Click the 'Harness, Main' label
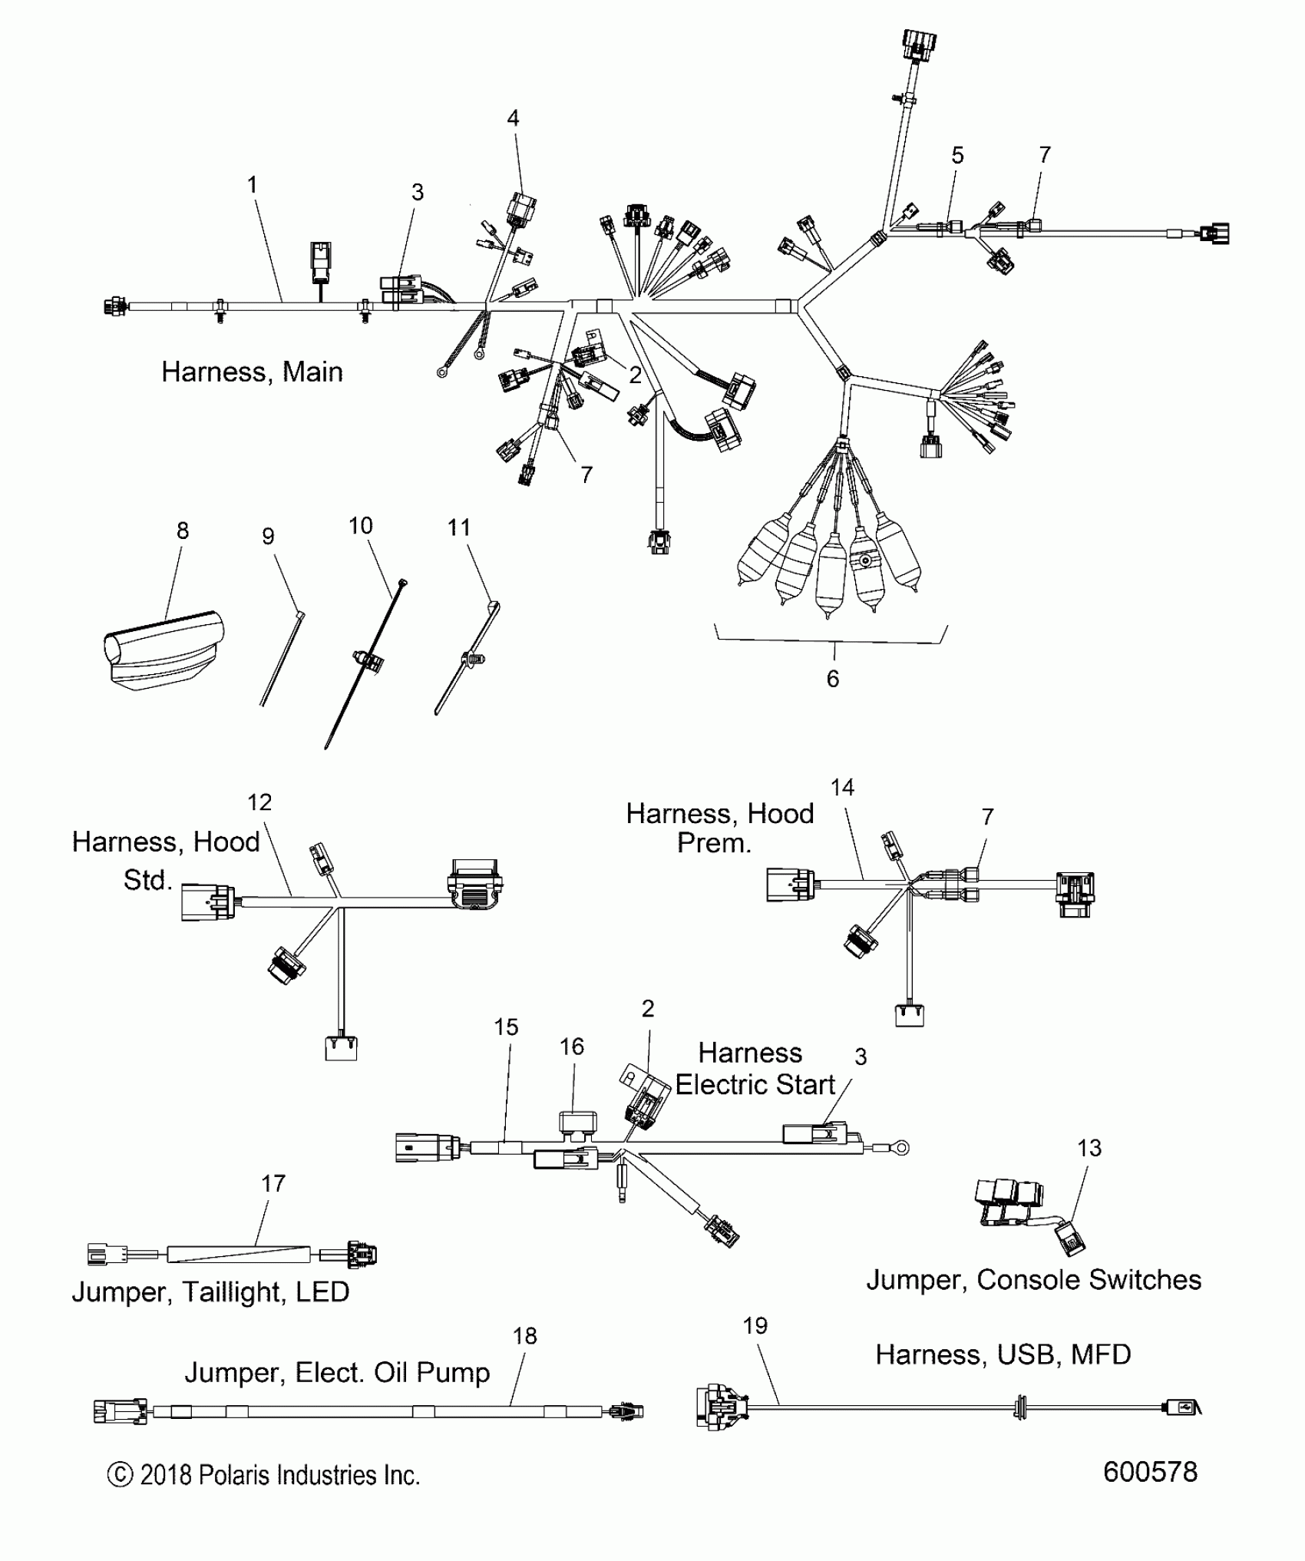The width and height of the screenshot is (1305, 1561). pos(252,372)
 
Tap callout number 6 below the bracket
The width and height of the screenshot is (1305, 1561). pos(833,679)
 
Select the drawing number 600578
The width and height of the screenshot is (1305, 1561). pos(1150,1471)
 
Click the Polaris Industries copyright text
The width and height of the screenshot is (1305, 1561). pos(263,1475)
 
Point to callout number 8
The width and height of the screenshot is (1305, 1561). pos(183,531)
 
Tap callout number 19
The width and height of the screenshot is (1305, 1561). pos(755,1347)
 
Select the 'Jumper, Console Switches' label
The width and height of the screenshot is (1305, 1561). pos(1033,1279)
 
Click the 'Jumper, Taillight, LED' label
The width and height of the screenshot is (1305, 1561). pos(210,1291)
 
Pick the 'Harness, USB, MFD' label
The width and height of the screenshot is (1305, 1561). pos(1003,1354)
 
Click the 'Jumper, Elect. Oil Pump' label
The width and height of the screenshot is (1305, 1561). pos(337,1372)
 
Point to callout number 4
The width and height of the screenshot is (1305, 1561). pos(513,118)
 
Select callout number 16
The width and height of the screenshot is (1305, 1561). pos(572,1047)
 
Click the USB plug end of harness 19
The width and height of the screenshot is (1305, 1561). pos(1182,1407)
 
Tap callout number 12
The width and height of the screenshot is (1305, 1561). pos(259,802)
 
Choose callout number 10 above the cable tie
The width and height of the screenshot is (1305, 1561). pos(360,526)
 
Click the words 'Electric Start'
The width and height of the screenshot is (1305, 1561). pos(755,1084)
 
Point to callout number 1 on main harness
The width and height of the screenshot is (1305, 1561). pos(252,185)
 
